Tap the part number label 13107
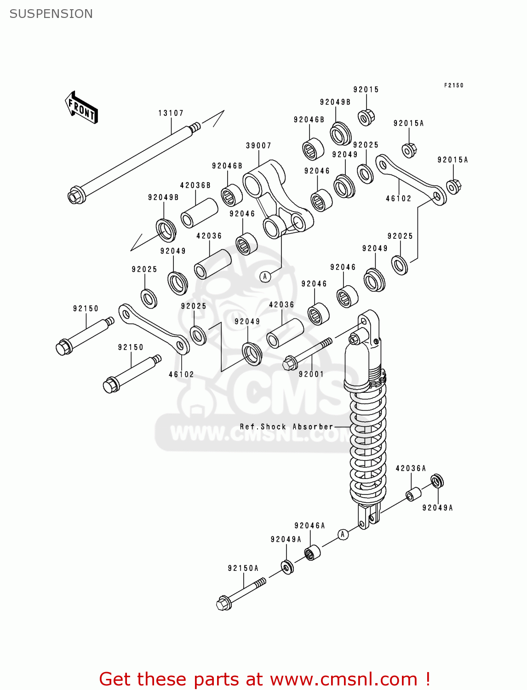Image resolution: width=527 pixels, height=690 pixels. pos(171,113)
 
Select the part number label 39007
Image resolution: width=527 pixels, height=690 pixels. pos(258,146)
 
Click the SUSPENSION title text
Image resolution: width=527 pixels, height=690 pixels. pos(51,14)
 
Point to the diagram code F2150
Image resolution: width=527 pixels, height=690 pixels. pos(453,86)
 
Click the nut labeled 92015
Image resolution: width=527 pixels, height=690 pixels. pos(366,117)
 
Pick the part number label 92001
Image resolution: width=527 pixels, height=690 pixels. pos(311,374)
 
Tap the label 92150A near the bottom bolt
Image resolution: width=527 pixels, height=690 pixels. pos(243,569)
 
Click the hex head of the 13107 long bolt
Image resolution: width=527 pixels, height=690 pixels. pos(75,196)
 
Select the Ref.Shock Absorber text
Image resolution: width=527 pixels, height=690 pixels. pos(286,427)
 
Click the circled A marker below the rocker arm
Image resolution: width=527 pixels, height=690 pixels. pos(265,276)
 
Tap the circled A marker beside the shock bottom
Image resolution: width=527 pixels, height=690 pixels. pos(343,534)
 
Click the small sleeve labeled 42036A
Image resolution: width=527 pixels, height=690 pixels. pos(413,495)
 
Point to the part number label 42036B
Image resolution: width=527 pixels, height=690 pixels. pos(195,185)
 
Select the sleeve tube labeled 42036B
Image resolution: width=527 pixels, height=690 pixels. pos(199,213)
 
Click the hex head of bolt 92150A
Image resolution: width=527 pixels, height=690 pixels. pos(223,603)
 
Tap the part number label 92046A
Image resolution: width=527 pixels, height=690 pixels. pos(309,526)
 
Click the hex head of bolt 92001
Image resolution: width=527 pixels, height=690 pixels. pos(289,363)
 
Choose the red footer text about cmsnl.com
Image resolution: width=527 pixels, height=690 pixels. pos(264,679)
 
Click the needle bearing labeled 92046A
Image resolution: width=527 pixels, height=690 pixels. pos(313,552)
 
